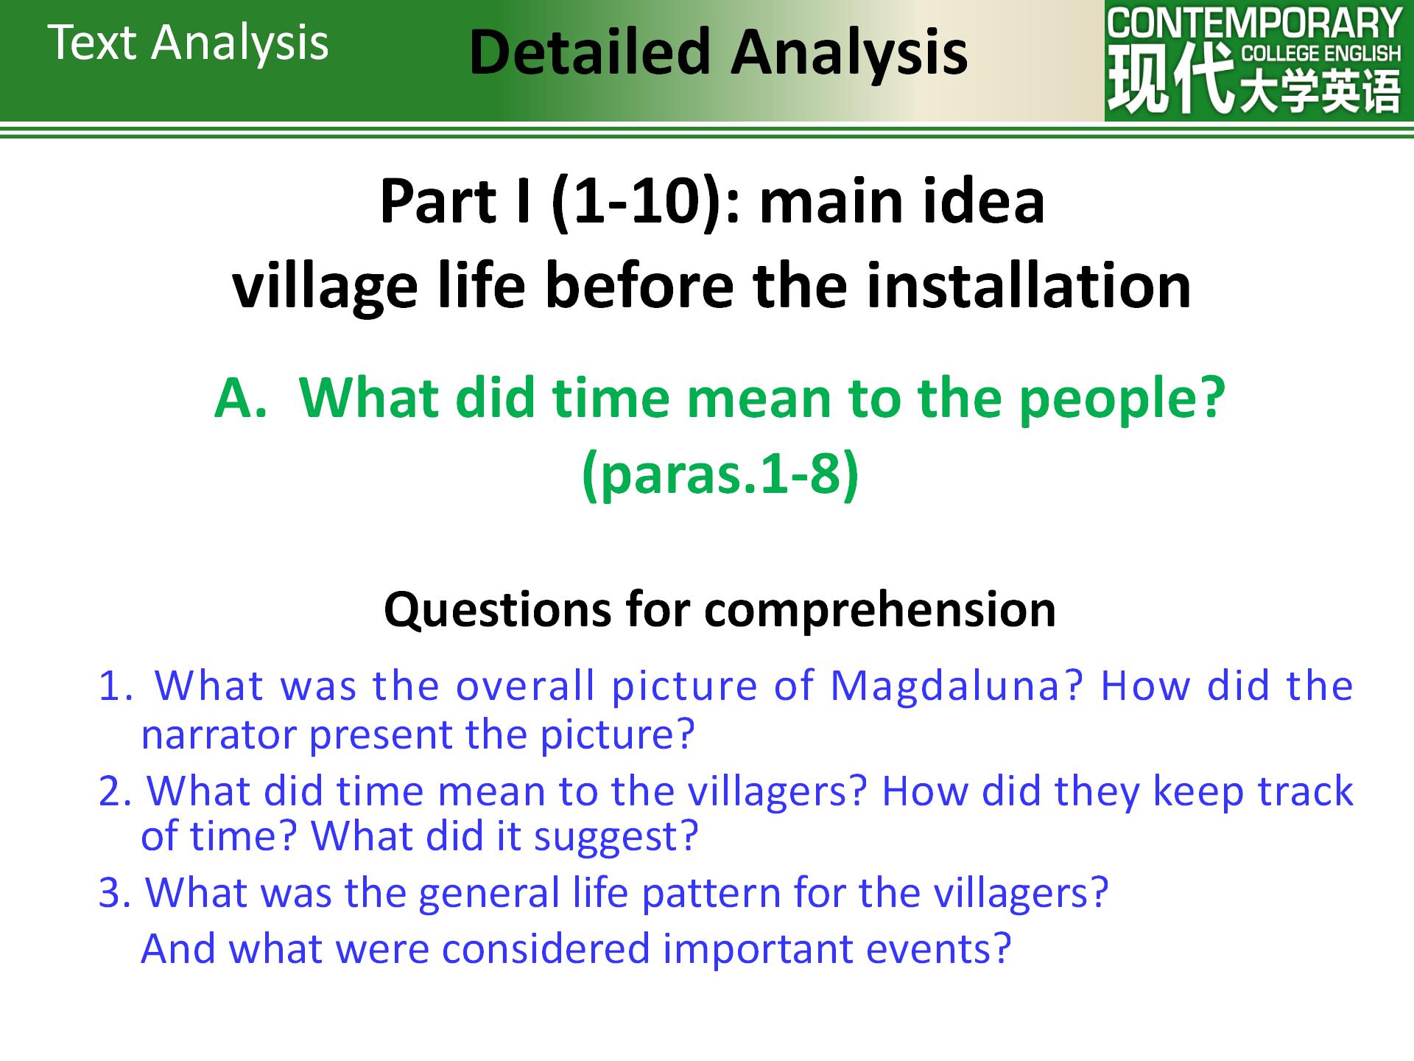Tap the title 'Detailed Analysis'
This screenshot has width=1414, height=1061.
(x=718, y=54)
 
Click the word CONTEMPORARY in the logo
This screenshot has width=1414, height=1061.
(x=1254, y=24)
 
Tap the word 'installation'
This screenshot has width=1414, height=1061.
(x=1029, y=286)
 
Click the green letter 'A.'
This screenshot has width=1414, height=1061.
(x=240, y=398)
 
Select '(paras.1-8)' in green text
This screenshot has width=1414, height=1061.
(x=720, y=475)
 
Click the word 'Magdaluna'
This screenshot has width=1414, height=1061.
(x=956, y=687)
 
